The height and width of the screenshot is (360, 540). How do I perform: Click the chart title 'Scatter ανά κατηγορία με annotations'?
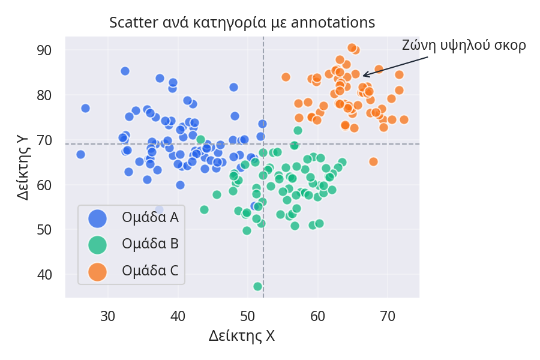point(242,23)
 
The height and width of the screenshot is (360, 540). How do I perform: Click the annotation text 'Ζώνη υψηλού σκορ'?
point(464,46)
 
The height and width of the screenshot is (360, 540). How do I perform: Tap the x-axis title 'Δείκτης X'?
point(242,336)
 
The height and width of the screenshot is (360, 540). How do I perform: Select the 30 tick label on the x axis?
point(108,315)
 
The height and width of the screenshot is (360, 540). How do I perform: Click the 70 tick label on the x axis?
point(388,315)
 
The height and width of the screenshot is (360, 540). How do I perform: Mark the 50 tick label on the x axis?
point(248,315)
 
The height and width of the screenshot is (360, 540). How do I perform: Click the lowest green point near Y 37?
point(257,287)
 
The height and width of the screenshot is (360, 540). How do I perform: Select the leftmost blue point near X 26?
point(80,154)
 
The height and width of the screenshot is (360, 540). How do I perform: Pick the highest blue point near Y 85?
point(125,71)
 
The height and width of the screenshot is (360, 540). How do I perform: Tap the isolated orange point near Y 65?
point(373,161)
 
